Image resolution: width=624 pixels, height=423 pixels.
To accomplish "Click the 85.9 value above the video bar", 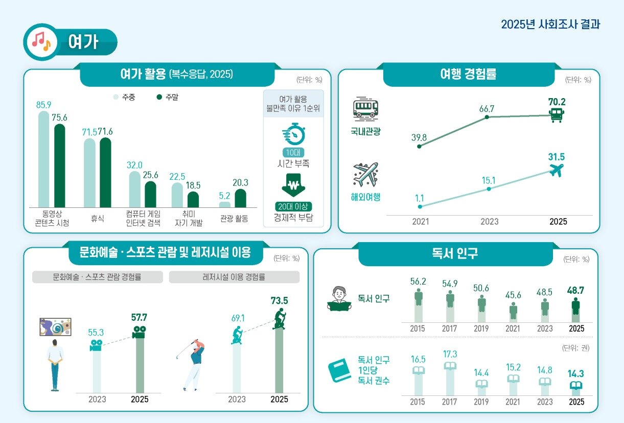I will (43, 105).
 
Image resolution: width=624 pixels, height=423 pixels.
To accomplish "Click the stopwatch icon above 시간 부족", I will (293, 134).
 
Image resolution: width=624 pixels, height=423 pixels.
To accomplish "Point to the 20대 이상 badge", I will (293, 207).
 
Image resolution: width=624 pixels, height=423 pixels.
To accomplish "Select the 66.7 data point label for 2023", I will (486, 108).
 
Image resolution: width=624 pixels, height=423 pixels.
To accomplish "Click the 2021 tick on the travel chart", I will (421, 222).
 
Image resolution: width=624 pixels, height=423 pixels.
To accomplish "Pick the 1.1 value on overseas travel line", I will (420, 197).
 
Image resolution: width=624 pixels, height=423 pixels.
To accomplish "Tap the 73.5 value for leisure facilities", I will (279, 300).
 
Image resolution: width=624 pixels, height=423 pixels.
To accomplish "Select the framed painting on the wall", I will (55, 327).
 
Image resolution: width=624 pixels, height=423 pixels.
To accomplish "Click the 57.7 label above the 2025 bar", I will (139, 318).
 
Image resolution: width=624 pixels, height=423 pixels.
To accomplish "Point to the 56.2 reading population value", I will (418, 281).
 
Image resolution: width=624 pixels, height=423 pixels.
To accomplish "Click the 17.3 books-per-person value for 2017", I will (450, 354).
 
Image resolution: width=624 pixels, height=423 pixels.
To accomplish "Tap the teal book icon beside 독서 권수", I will (339, 371).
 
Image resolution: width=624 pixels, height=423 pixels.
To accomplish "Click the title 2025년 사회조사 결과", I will (550, 25).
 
